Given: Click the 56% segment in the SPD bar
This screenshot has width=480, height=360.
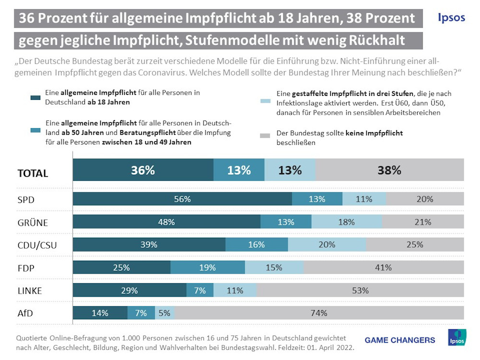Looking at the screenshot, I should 182,199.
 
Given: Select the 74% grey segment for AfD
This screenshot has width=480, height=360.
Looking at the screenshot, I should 319,313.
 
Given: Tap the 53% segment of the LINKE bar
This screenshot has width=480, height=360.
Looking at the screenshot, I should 360,290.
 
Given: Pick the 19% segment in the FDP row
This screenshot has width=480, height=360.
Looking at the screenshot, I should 207,267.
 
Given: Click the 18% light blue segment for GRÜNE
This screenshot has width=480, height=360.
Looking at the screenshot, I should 347,222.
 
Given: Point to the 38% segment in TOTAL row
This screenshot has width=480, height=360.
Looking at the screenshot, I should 390,170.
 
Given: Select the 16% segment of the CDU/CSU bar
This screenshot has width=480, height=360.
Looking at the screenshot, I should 256,244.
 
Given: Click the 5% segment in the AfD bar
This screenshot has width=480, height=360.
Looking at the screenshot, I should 165,313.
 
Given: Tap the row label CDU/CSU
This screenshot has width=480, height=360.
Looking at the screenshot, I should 37,245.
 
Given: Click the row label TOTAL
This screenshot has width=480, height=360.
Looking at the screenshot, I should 33,173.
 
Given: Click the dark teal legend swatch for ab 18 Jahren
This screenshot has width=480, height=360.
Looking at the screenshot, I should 35,98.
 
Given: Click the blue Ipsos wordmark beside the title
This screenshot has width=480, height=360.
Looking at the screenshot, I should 451,17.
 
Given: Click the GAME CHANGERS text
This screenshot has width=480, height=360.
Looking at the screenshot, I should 400,340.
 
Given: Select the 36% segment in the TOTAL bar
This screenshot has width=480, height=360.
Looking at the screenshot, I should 143,170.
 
